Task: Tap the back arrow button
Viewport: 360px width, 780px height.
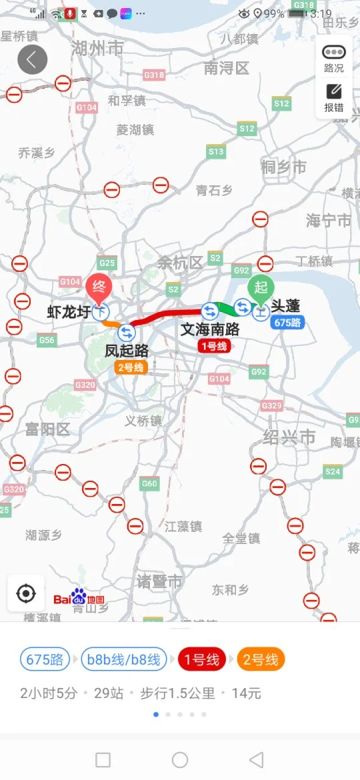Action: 32,60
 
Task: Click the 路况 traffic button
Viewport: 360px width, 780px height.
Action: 334,59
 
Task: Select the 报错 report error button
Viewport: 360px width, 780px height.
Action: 334,98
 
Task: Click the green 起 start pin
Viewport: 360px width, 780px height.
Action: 261,287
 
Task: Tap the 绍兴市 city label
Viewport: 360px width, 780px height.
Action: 289,437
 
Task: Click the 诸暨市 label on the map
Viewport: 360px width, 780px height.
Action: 159,581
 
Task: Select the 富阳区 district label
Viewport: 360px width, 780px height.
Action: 47,429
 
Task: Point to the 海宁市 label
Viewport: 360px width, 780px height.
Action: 328,221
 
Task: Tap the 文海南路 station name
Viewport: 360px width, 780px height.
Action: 210,329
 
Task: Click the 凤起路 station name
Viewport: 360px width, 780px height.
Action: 127,350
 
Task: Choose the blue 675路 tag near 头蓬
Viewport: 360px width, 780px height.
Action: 287,323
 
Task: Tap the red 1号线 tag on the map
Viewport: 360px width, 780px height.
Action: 213,345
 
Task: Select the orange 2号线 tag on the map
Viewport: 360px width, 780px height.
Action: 130,367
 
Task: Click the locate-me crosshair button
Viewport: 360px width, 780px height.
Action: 26,593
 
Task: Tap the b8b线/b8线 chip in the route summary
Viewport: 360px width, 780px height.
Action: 123,660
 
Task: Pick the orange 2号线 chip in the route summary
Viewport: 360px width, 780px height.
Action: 260,660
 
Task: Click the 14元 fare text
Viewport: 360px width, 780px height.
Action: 246,693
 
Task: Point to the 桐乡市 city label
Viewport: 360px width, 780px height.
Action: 284,167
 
